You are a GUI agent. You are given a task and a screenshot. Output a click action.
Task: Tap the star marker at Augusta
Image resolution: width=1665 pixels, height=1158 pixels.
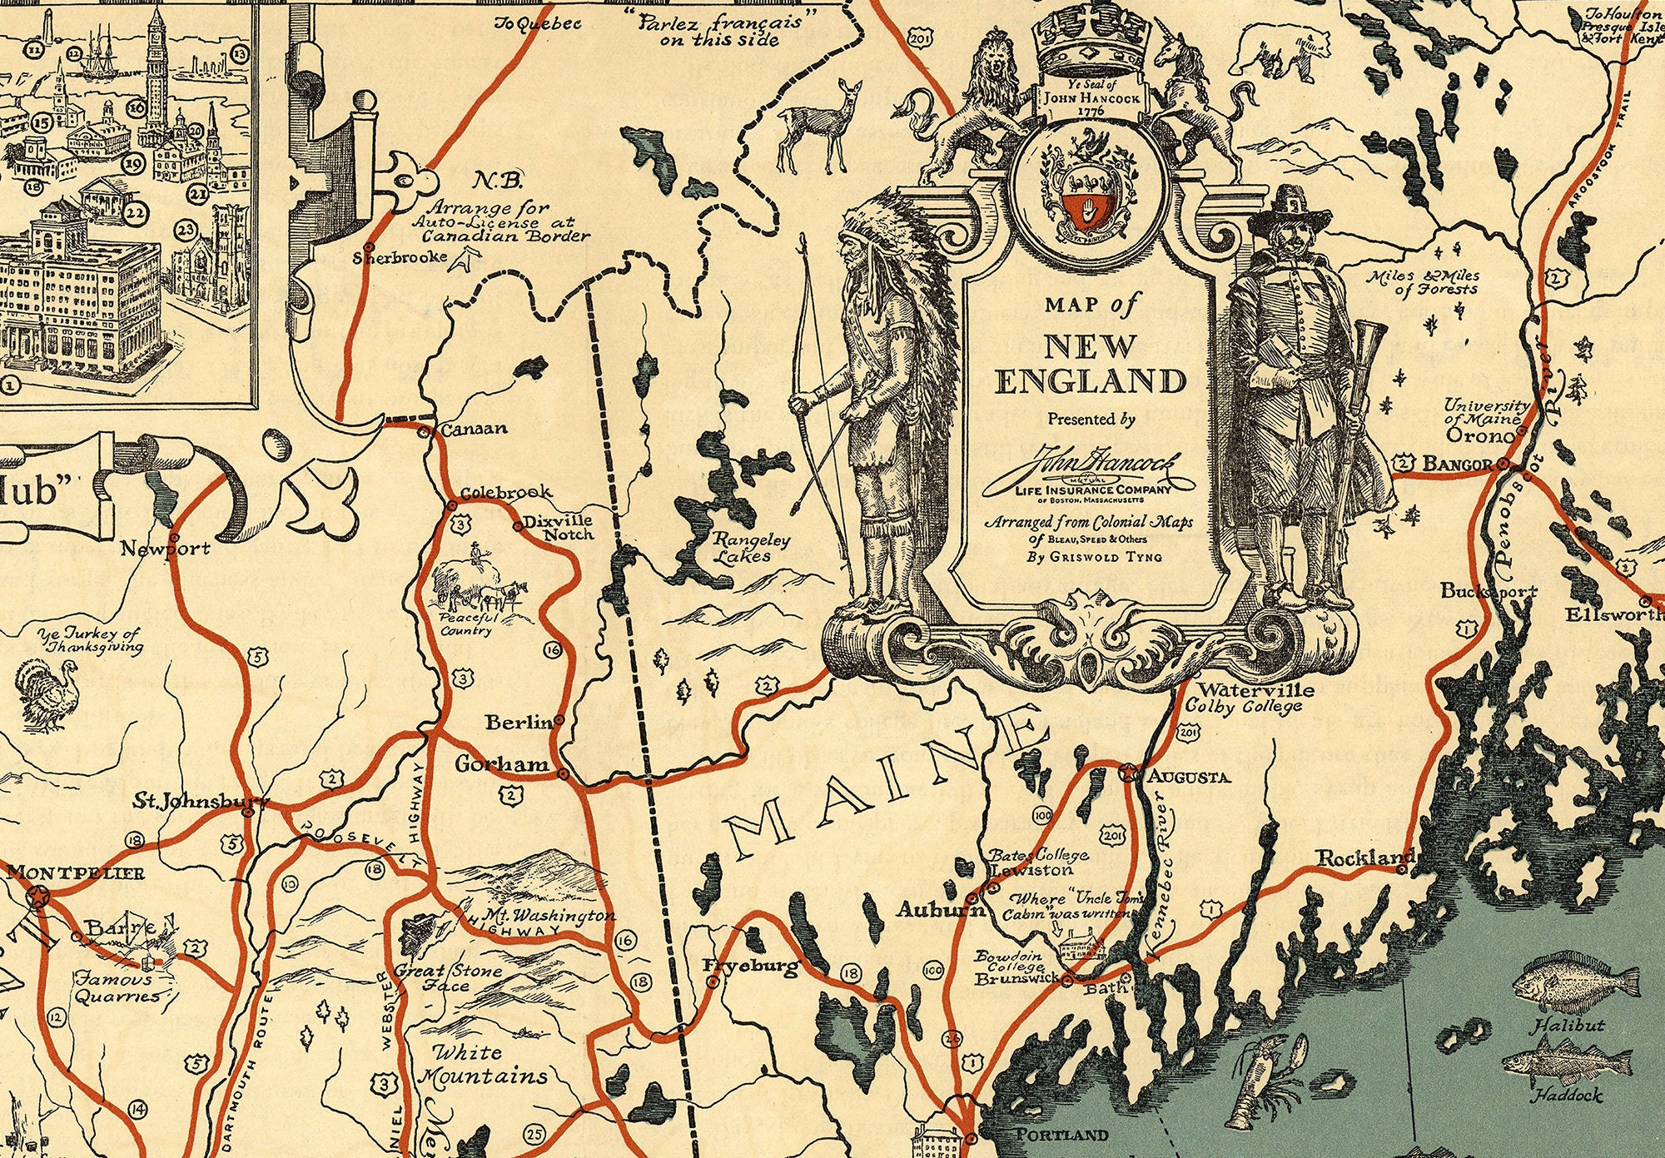click(x=1128, y=773)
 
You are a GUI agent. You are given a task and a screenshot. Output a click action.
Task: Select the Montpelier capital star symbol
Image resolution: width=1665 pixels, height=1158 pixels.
click(x=37, y=897)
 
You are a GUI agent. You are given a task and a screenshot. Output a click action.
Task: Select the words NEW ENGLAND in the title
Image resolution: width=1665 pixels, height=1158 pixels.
click(x=1090, y=365)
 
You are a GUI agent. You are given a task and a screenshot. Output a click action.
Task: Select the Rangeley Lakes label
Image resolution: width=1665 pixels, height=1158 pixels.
click(x=748, y=547)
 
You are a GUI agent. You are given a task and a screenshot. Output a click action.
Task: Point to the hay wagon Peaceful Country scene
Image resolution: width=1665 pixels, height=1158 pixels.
click(x=478, y=588)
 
